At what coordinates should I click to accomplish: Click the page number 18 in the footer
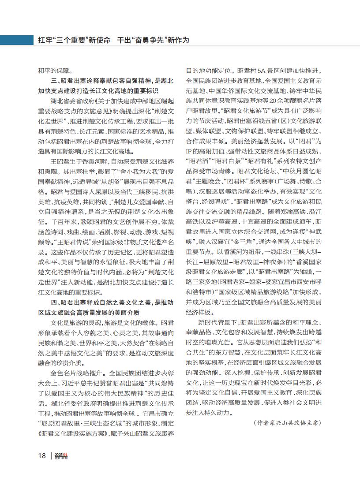point(41,456)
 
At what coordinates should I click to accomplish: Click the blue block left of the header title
point(15,40)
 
